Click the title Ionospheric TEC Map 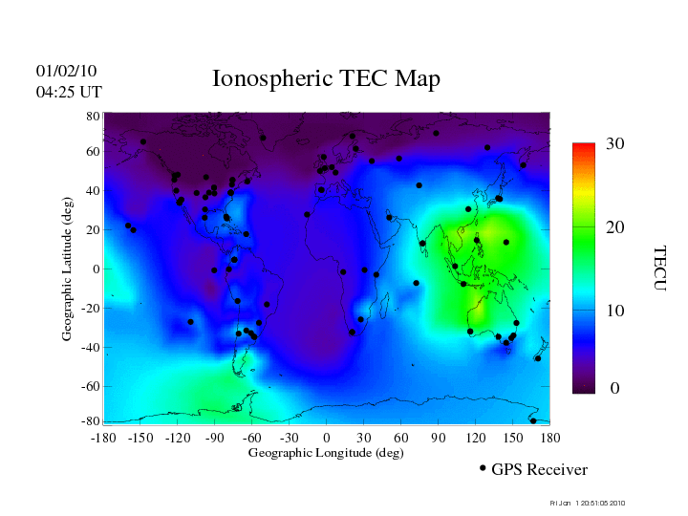tap(325, 78)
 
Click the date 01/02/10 tap(67, 71)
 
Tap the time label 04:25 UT tap(69, 92)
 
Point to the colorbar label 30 tap(615, 143)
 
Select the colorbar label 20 tap(615, 229)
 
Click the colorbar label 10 tap(615, 311)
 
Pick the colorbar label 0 tap(615, 389)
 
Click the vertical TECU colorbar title tap(659, 269)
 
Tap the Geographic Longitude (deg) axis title tap(326, 453)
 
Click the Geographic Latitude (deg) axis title tap(68, 276)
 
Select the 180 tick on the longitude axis tap(549, 437)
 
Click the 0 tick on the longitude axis tap(326, 437)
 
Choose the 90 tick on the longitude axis tap(438, 437)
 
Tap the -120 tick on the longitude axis tap(177, 437)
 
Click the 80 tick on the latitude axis tap(94, 116)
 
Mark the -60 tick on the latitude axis tap(91, 386)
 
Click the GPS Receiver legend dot tap(483, 468)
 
